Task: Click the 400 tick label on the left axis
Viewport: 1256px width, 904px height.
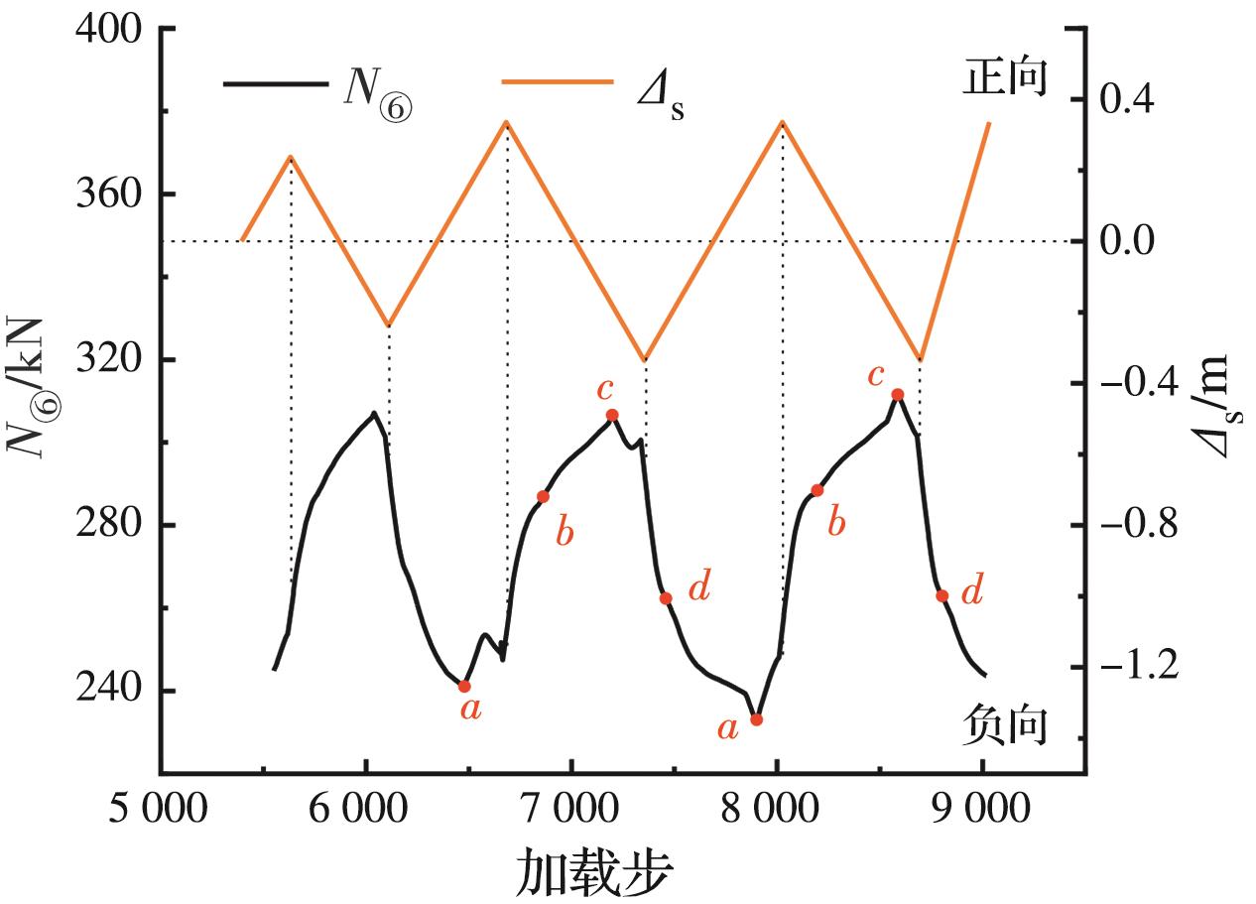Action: [109, 30]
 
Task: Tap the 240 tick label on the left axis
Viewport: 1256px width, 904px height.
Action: [109, 691]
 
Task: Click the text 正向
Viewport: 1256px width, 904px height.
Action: [1004, 77]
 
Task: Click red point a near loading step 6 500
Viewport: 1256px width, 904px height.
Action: [464, 686]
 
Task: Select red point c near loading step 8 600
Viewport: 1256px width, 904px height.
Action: [898, 395]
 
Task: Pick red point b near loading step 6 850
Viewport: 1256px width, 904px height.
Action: [543, 496]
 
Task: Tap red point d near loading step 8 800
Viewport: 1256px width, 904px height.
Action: [942, 596]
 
